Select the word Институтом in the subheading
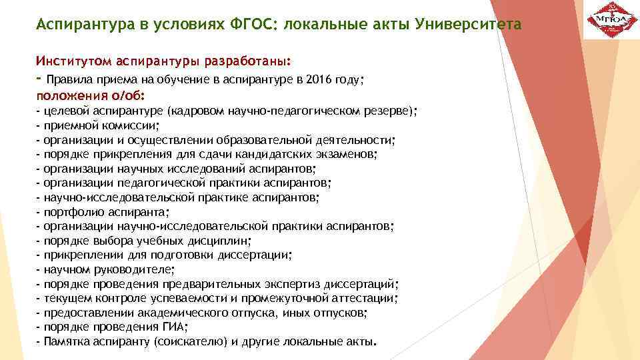(x=74, y=61)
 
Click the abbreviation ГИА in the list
(x=171, y=327)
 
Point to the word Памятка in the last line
(x=65, y=342)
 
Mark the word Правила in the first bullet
(x=67, y=79)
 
